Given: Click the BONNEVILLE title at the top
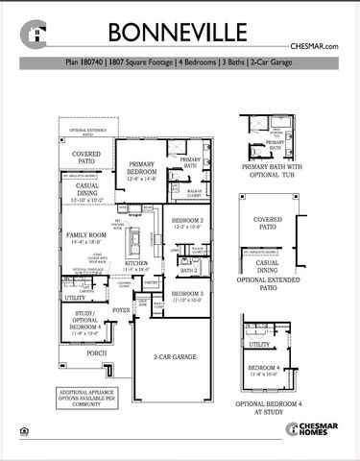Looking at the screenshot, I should [x=179, y=31].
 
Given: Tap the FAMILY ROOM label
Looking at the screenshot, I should [x=84, y=238].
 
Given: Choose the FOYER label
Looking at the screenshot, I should [x=121, y=311].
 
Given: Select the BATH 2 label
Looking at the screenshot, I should [x=189, y=271].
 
